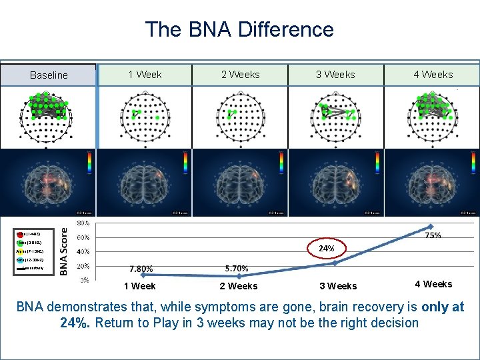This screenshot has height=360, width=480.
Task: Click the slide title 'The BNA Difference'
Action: (x=239, y=29)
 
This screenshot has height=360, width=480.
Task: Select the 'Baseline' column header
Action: (x=49, y=75)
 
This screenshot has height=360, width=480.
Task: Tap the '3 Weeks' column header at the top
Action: (x=335, y=75)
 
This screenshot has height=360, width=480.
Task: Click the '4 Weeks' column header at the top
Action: (x=433, y=75)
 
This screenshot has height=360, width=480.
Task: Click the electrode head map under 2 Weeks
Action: (x=239, y=117)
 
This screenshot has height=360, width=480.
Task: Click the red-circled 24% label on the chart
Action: (x=326, y=248)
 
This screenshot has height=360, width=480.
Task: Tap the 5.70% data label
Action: (x=237, y=269)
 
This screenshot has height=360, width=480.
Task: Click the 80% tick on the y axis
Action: (x=85, y=223)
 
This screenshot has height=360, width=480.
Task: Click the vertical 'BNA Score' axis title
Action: (x=64, y=251)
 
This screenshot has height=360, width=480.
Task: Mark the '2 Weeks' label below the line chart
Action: (x=238, y=287)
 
